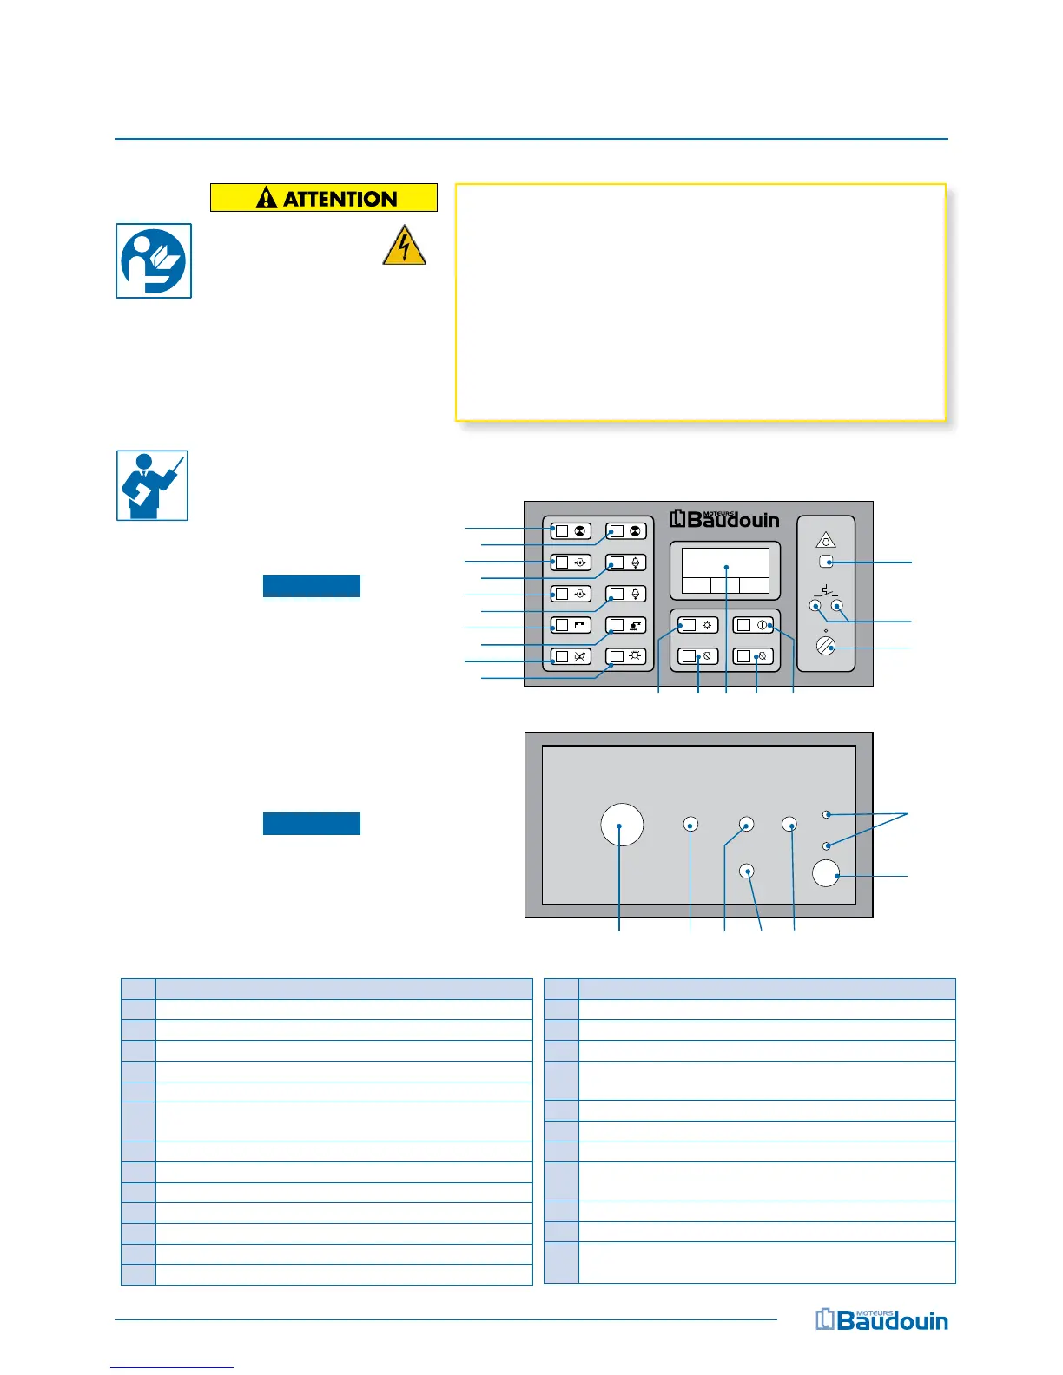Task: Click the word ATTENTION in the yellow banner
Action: tap(340, 199)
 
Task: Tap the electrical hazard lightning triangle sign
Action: tap(404, 246)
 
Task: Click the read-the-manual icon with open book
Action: tap(154, 261)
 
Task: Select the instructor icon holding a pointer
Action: tap(152, 485)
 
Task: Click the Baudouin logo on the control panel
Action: tap(725, 519)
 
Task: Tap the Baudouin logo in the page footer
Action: tap(881, 1320)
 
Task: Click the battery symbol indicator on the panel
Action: tap(579, 625)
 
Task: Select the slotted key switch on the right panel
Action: tap(826, 645)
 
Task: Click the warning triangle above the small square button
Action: tap(826, 540)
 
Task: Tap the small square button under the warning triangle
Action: tap(826, 562)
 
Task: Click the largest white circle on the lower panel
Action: tap(622, 824)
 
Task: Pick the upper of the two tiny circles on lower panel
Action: tap(828, 815)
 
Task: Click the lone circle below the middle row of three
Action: tap(747, 871)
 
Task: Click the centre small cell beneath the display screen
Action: tap(725, 585)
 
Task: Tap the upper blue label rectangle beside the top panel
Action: tap(312, 586)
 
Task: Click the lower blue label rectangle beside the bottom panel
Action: tap(312, 824)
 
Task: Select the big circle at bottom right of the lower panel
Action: tap(826, 873)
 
